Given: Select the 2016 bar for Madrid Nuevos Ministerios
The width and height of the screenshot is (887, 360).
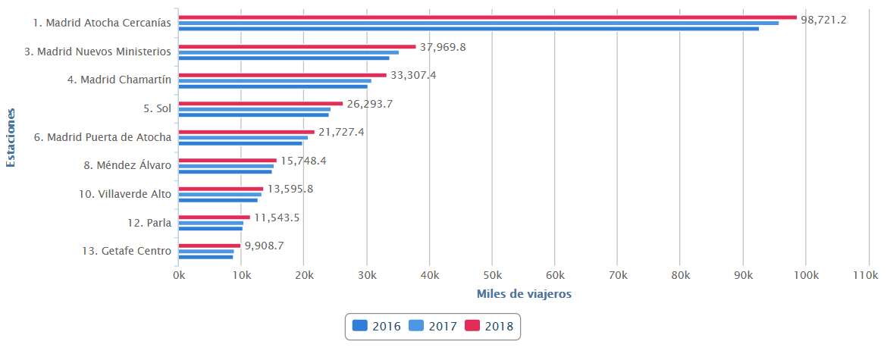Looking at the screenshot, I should (284, 58).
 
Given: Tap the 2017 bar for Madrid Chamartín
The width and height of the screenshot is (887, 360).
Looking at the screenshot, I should (274, 80).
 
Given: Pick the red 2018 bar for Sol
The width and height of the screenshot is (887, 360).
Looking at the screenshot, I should (261, 103).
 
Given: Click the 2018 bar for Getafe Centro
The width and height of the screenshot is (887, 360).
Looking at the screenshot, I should (209, 246).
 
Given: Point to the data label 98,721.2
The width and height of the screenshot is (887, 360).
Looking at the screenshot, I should (823, 19).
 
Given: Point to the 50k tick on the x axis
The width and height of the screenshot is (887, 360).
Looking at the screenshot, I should (492, 276).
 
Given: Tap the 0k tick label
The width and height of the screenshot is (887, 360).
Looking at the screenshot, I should (179, 276).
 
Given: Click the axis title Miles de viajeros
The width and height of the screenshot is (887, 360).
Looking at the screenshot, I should (524, 293).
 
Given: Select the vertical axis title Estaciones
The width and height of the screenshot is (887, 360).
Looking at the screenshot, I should (11, 137).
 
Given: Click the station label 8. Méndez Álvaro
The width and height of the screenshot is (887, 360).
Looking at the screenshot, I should (127, 166).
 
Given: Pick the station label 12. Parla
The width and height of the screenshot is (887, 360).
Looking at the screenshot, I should (149, 223).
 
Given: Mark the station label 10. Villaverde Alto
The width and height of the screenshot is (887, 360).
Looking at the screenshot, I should (125, 194).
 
